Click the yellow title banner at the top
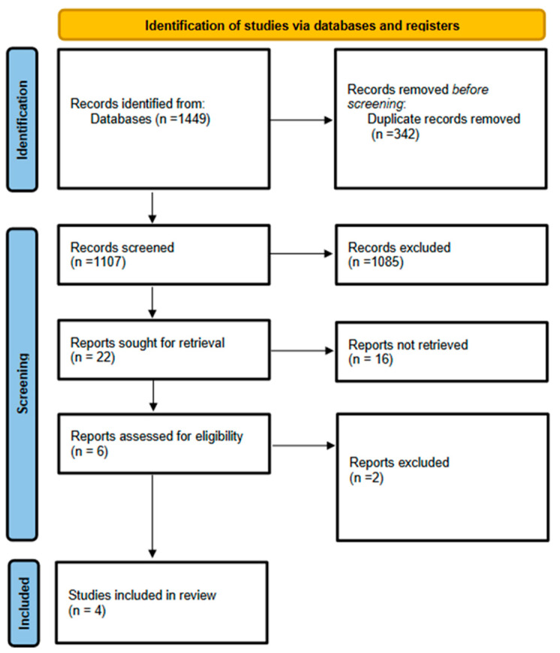point(302,25)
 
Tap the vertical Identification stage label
point(23,119)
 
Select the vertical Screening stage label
point(23,383)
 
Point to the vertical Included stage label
point(24,603)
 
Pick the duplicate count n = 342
point(396,134)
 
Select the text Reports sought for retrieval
point(148,343)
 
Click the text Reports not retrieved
point(408,345)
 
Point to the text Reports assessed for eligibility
point(157,437)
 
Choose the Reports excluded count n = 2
point(366,477)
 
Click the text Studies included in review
point(143,595)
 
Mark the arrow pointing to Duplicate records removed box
point(302,120)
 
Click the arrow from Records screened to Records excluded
point(302,254)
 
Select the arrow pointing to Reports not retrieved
point(302,351)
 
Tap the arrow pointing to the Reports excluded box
point(304,446)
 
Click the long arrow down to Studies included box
point(152,516)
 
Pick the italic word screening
point(376,104)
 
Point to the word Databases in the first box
point(121,119)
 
